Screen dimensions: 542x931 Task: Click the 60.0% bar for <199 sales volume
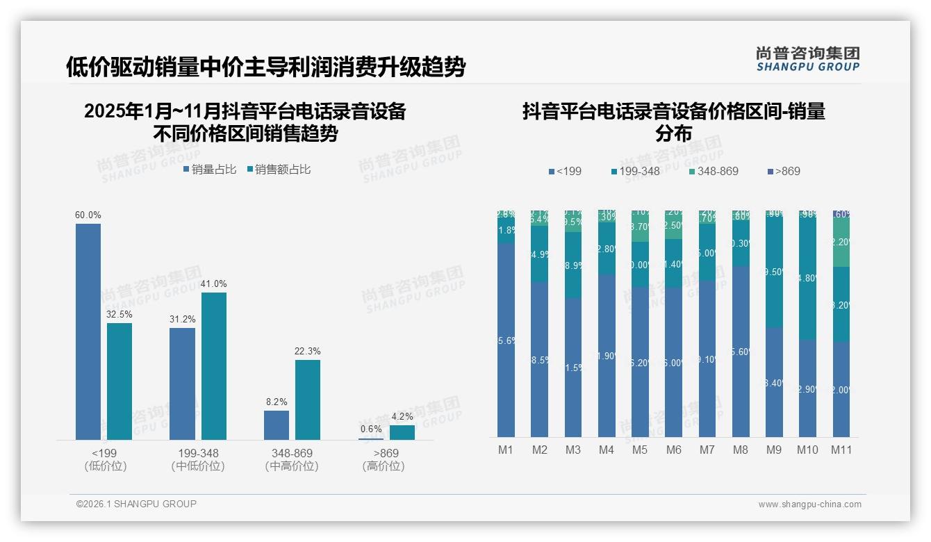[x=88, y=331]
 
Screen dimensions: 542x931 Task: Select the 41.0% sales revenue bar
[x=214, y=366]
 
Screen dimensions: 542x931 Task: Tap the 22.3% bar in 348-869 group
[x=308, y=400]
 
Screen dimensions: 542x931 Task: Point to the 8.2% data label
[x=276, y=402]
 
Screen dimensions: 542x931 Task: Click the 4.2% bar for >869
[x=402, y=432]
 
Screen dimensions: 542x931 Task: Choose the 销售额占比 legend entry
[x=279, y=169]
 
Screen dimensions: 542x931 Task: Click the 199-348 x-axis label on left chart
[x=198, y=453]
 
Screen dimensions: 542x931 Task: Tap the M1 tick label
[x=506, y=450]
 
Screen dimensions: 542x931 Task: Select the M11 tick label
[x=841, y=450]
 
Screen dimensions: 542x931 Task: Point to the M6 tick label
[x=673, y=450]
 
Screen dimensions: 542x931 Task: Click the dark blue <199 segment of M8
[x=741, y=351]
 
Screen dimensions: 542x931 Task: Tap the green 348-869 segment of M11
[x=841, y=243]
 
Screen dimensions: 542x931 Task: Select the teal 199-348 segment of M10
[x=807, y=278]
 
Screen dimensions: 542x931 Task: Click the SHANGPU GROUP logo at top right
[x=807, y=58]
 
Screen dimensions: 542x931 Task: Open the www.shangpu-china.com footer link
[x=809, y=504]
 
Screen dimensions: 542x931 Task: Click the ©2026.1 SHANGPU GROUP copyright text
[x=136, y=504]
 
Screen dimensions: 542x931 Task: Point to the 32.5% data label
[x=120, y=314]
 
